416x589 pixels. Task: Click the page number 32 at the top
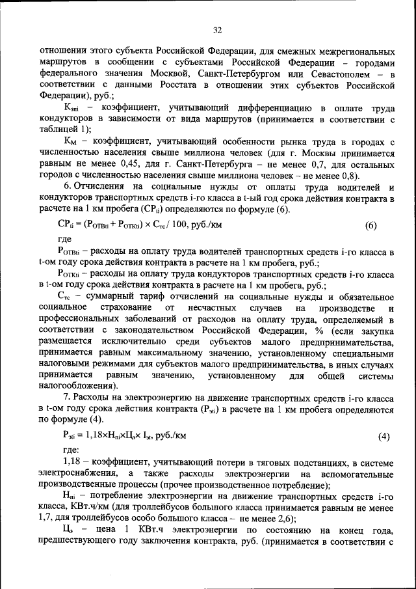[x=217, y=29]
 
